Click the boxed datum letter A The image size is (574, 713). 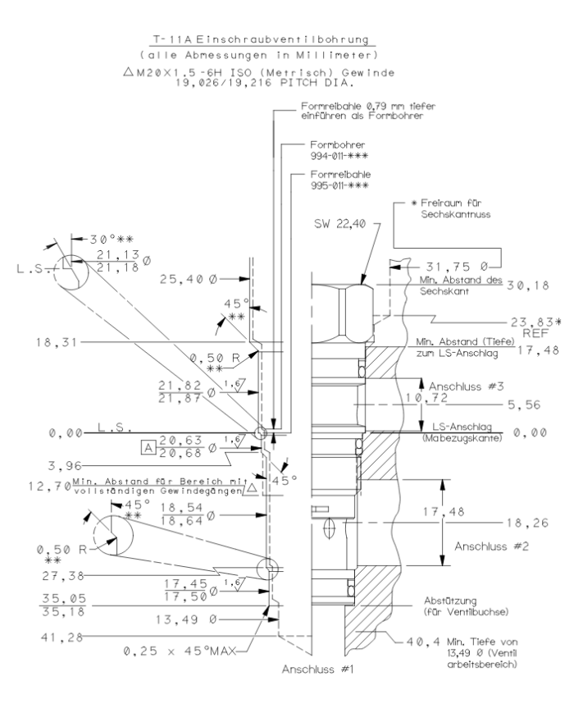pyautogui.click(x=148, y=446)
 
